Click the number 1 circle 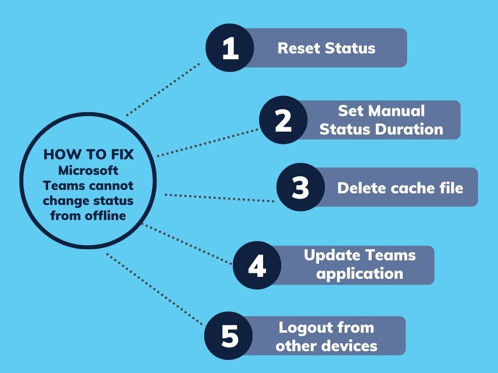230,48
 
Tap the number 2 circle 283,120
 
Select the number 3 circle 301,187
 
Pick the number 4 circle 257,265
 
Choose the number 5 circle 229,336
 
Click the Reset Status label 326,48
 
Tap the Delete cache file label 400,187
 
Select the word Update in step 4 332,255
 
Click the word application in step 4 359,273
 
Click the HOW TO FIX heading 88,154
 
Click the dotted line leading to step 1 163,89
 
